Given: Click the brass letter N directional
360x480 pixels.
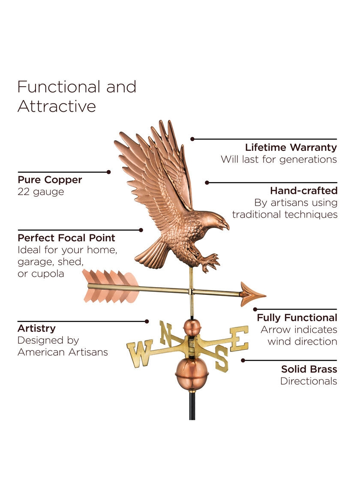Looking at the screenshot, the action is click(166, 332).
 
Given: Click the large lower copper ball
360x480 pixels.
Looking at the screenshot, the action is click(192, 374).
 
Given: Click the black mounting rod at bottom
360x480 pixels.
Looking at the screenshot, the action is click(192, 406).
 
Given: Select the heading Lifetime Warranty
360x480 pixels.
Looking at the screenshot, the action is click(291, 147).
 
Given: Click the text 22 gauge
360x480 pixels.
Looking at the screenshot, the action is click(41, 192).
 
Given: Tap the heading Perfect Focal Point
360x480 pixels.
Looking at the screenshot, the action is click(66, 238).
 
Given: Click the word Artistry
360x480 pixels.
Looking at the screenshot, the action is click(37, 328).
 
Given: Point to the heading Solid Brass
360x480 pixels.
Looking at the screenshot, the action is click(309, 369).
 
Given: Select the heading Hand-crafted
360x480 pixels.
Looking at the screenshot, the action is click(304, 191).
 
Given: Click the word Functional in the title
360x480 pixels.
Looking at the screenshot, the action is click(59, 87).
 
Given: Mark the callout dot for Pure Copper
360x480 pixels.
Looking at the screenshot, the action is click(109, 172).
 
